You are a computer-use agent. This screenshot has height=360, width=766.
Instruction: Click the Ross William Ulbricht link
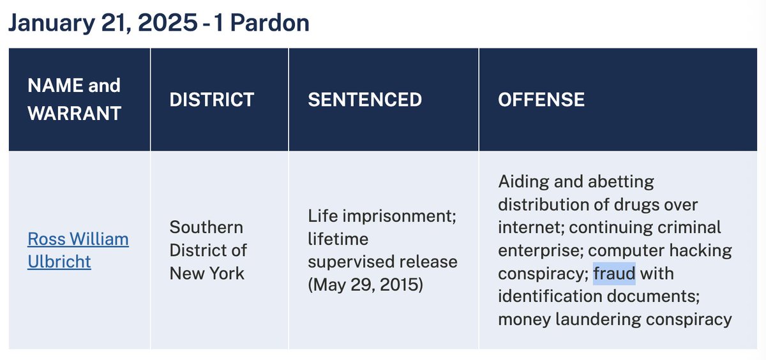pyautogui.click(x=77, y=250)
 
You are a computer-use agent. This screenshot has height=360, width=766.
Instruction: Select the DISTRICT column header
pyautogui.click(x=211, y=100)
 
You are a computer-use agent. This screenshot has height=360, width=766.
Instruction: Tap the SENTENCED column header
pyautogui.click(x=364, y=100)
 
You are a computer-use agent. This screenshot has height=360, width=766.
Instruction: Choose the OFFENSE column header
pyautogui.click(x=541, y=100)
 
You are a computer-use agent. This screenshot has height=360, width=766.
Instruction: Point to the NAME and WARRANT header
pyautogui.click(x=74, y=99)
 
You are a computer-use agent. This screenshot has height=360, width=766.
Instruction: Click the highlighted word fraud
pyautogui.click(x=614, y=274)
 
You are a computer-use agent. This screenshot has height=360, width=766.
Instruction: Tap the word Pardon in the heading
pyautogui.click(x=270, y=23)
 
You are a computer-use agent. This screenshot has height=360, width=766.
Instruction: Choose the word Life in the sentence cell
pyautogui.click(x=323, y=216)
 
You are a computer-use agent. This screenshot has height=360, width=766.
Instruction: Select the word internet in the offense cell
pyautogui.click(x=530, y=228)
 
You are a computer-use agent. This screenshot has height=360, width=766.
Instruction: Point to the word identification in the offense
pyautogui.click(x=548, y=297)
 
